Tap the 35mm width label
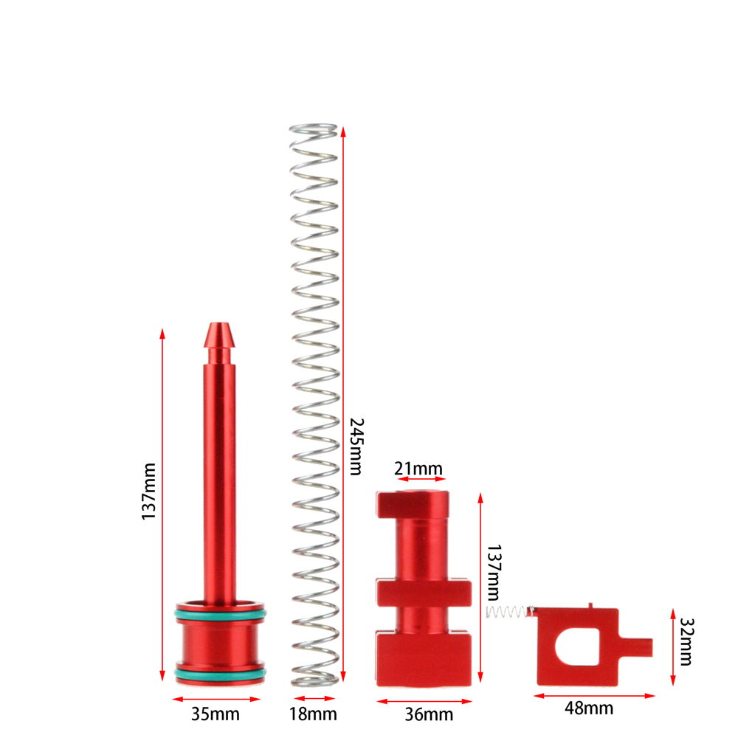pos(216,714)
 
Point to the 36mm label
pos(430,714)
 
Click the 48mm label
pos(589,708)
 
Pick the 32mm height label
pos(686,641)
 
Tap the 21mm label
pos(418,469)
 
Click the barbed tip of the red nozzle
pos(219,336)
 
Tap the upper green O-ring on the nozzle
pos(219,613)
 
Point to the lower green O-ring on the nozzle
pos(219,672)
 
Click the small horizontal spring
pos(508,612)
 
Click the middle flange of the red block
pos(424,592)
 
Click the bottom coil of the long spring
pos(314,677)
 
